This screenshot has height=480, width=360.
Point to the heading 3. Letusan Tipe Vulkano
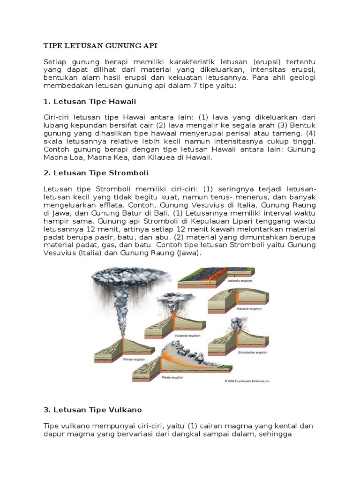tap(92, 410)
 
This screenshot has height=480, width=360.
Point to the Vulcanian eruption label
tap(174, 336)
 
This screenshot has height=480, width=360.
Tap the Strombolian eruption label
tap(253, 352)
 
